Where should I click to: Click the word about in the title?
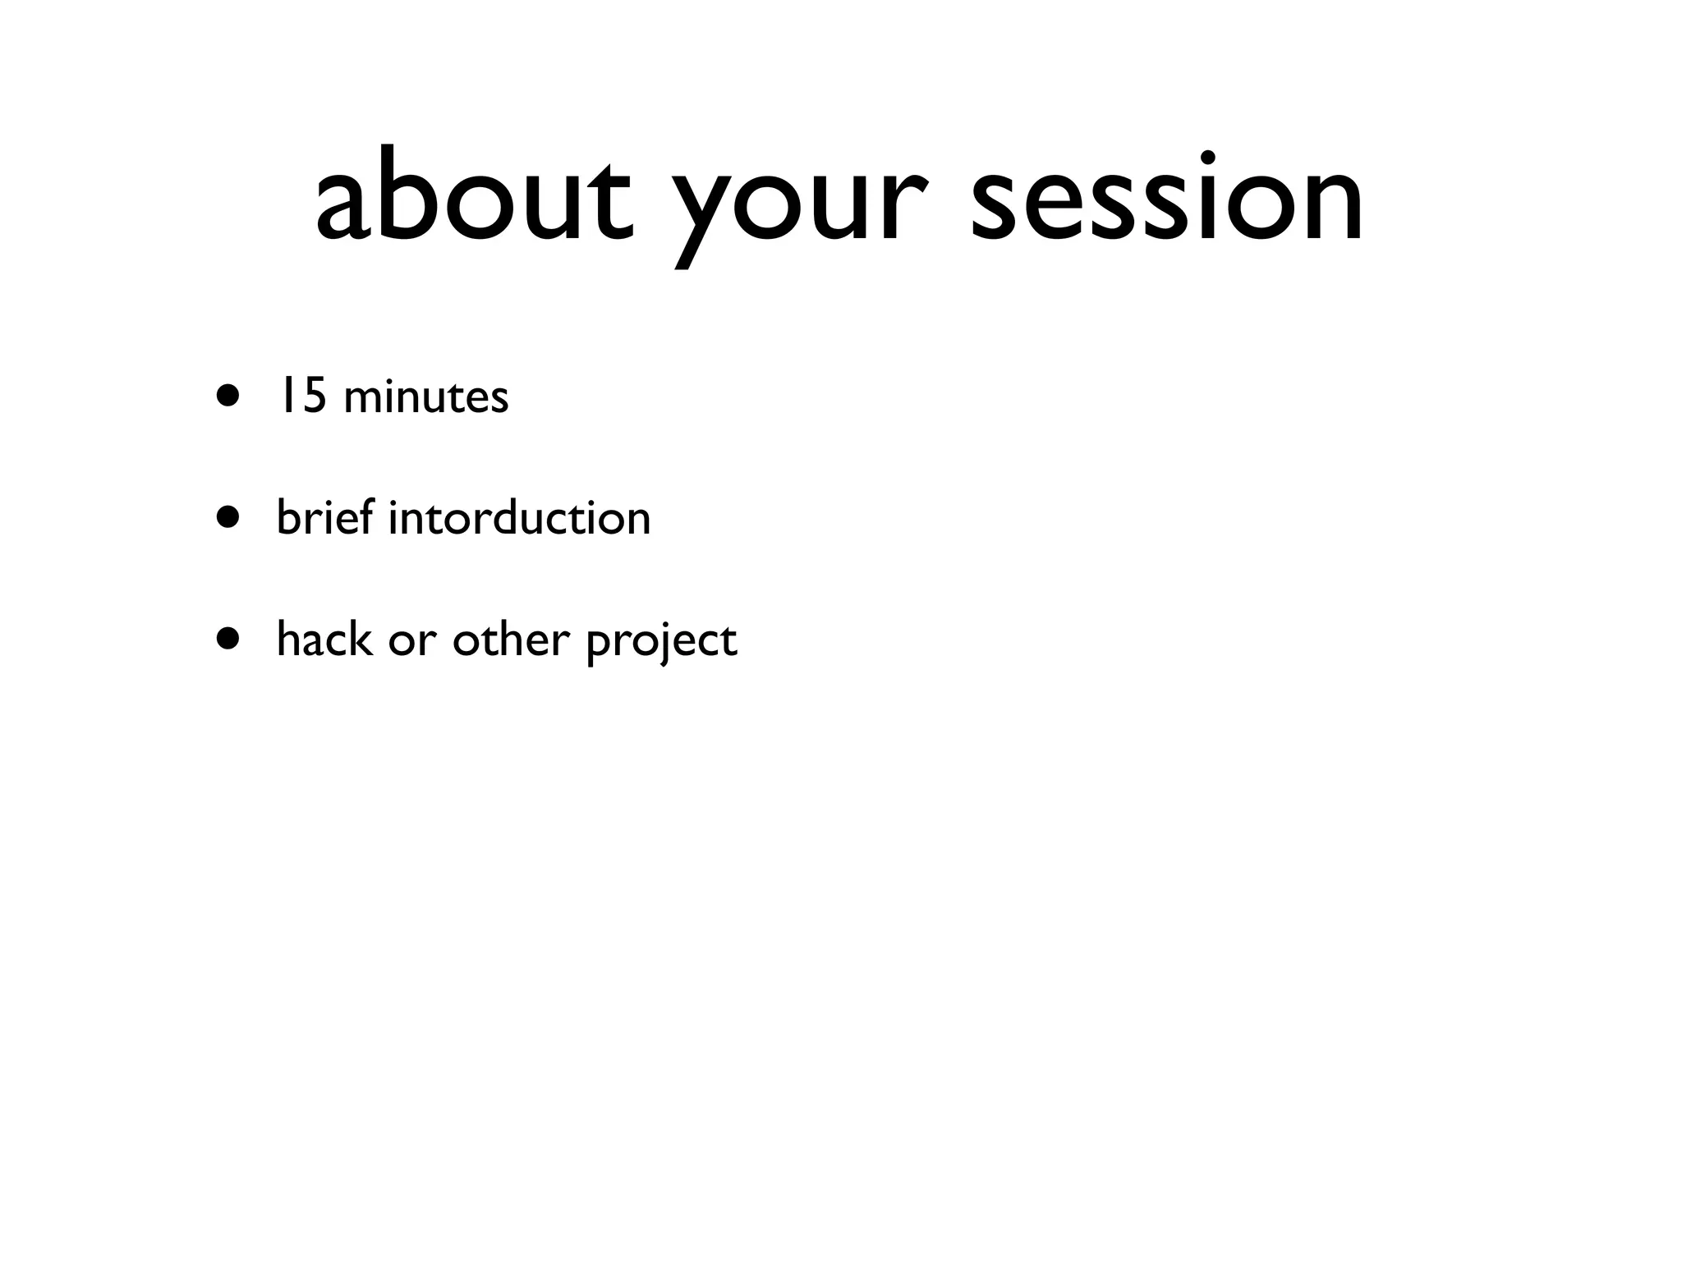(474, 197)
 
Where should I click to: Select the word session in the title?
(1166, 197)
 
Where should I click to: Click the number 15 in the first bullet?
(300, 396)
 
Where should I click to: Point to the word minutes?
(426, 397)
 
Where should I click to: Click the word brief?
(324, 517)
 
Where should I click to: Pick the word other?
(511, 640)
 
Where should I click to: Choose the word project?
(662, 643)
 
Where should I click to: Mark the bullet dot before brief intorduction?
(229, 518)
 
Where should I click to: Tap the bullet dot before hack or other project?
(229, 640)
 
